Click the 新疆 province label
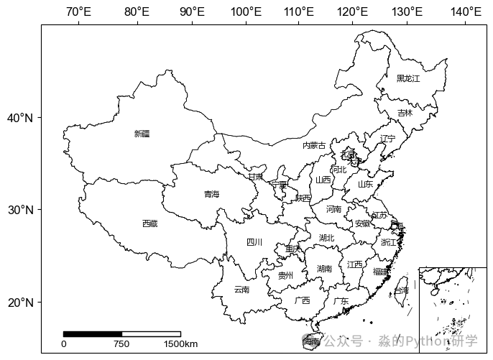[142, 134]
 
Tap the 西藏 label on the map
[149, 223]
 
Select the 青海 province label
[211, 194]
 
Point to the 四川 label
[254, 242]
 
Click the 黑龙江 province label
[407, 78]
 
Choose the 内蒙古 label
[313, 145]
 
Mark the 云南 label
[241, 290]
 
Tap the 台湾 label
[401, 290]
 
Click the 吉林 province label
[405, 113]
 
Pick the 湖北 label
[326, 237]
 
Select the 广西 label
[302, 300]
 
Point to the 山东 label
[365, 184]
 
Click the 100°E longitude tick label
[245, 11]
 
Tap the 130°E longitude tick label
[407, 11]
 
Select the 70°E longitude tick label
[78, 11]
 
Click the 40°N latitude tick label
[20, 118]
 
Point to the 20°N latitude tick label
[20, 302]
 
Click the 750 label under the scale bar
[121, 344]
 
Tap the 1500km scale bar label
[180, 344]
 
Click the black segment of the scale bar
[93, 334]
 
